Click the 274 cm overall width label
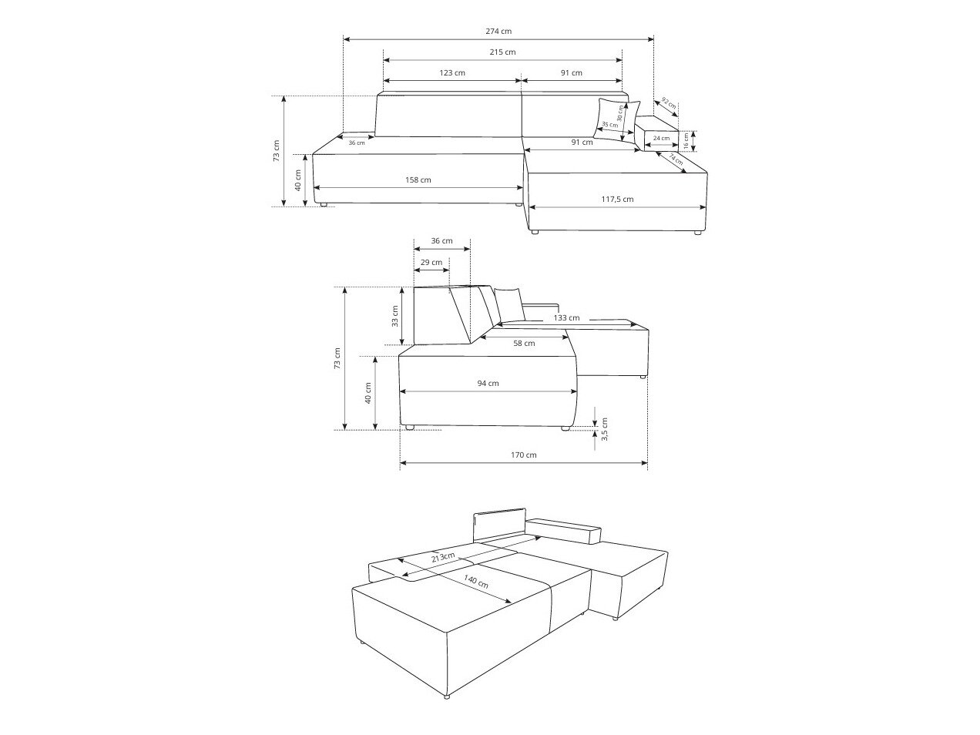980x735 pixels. [498, 32]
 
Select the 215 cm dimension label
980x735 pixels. [502, 52]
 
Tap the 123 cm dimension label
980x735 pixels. [451, 72]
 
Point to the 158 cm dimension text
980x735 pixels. [418, 180]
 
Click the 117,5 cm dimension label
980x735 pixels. [617, 199]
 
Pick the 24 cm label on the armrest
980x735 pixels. [661, 138]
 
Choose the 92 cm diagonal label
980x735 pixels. [669, 103]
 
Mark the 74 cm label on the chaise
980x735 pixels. [676, 159]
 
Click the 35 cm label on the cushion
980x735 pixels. [610, 125]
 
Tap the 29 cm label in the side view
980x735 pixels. [431, 263]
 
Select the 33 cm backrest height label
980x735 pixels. [394, 316]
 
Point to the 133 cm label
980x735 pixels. [566, 317]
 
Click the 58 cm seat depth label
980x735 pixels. [524, 343]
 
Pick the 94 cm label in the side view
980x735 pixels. [488, 384]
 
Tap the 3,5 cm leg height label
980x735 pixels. [605, 429]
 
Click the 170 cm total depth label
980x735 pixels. [524, 455]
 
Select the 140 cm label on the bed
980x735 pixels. [476, 582]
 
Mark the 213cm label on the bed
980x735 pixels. [443, 557]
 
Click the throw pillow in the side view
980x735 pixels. [509, 304]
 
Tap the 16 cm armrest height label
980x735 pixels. [686, 141]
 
